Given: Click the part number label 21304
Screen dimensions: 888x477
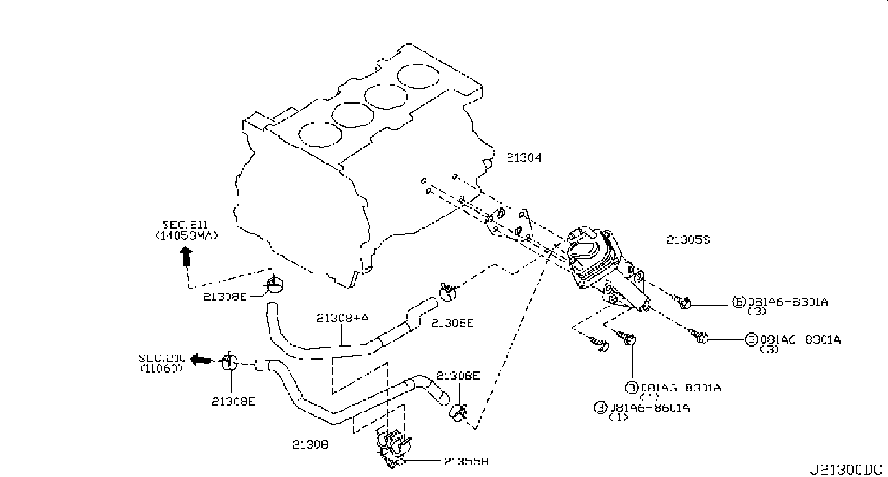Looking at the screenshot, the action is click(524, 157).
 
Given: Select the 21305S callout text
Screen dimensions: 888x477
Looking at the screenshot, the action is click(688, 240).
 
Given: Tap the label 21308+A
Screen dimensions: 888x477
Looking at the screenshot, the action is click(342, 318).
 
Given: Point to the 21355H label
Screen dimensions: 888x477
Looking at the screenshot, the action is click(466, 461).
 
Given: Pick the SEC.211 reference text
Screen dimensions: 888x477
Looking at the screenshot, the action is click(184, 225).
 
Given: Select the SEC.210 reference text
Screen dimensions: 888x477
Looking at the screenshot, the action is click(162, 358).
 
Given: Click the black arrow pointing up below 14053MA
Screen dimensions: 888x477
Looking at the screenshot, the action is click(186, 256).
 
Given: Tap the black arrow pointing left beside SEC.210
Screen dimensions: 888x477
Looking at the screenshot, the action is click(200, 360).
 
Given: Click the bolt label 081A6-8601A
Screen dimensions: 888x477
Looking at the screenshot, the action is click(649, 408).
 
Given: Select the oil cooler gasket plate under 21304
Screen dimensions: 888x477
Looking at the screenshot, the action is click(509, 225).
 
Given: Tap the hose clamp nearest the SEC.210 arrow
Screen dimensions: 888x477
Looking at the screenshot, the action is click(229, 361).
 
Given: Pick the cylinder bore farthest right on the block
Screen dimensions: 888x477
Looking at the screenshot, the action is click(418, 76).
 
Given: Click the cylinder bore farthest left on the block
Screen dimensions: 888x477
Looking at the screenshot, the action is click(320, 134).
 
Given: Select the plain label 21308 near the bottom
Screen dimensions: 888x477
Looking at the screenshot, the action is click(310, 445).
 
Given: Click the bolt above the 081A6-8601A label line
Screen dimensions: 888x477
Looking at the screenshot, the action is click(599, 343).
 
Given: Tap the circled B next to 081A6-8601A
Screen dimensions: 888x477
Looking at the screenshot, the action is click(601, 408).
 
